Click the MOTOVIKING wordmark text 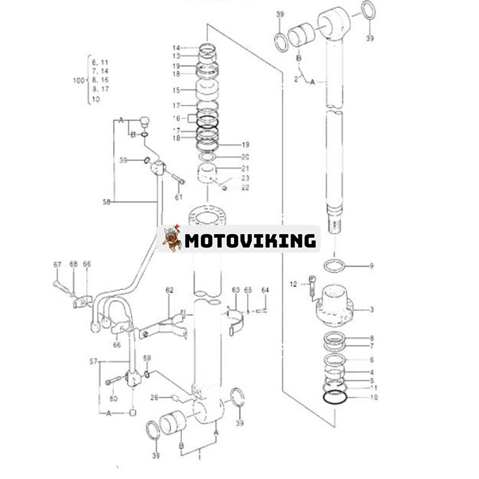250,241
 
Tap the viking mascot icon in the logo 172,238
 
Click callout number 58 107,202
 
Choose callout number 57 93,362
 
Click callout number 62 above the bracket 169,290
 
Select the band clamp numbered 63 237,317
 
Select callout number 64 265,290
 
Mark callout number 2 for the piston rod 295,78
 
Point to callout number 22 245,187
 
